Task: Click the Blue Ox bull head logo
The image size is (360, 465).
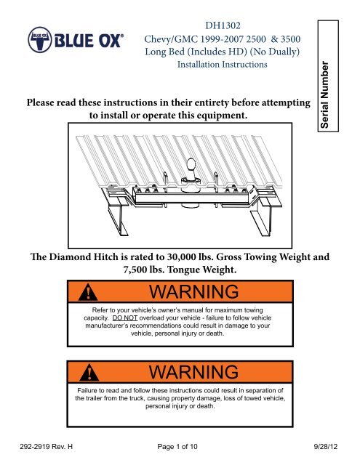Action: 40,40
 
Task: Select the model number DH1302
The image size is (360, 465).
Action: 223,25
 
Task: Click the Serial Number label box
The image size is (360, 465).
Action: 328,76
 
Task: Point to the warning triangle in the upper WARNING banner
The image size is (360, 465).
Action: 88,292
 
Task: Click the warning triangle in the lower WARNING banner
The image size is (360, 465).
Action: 89,372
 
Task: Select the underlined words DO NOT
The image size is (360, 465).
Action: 124,318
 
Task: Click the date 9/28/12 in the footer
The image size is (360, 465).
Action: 326,446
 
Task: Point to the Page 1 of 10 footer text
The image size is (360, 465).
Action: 177,446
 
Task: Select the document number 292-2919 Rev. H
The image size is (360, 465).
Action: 46,446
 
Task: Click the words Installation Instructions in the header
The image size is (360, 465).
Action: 223,65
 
